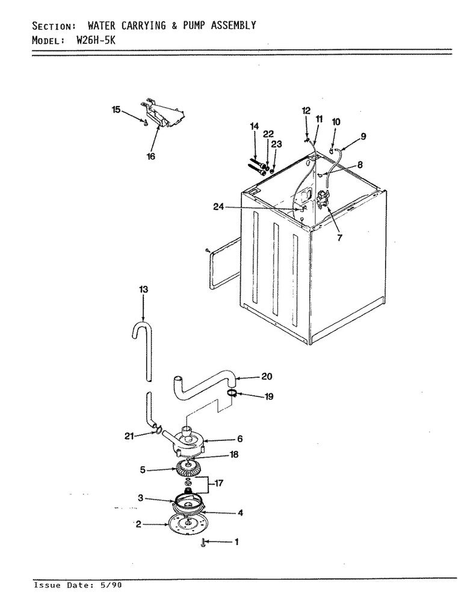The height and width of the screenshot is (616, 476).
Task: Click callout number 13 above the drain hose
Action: [143, 289]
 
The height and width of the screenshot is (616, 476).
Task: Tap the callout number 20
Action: [267, 377]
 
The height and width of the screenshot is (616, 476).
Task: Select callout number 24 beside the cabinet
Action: [218, 207]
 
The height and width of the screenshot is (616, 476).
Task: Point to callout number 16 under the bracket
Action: [151, 156]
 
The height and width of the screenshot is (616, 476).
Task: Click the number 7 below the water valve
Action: [339, 237]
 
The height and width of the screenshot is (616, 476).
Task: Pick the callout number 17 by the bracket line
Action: [218, 483]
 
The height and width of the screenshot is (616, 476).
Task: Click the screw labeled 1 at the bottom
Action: [203, 543]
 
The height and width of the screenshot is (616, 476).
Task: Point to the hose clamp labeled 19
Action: [232, 393]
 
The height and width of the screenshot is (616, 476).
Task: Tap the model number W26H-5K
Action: [96, 40]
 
